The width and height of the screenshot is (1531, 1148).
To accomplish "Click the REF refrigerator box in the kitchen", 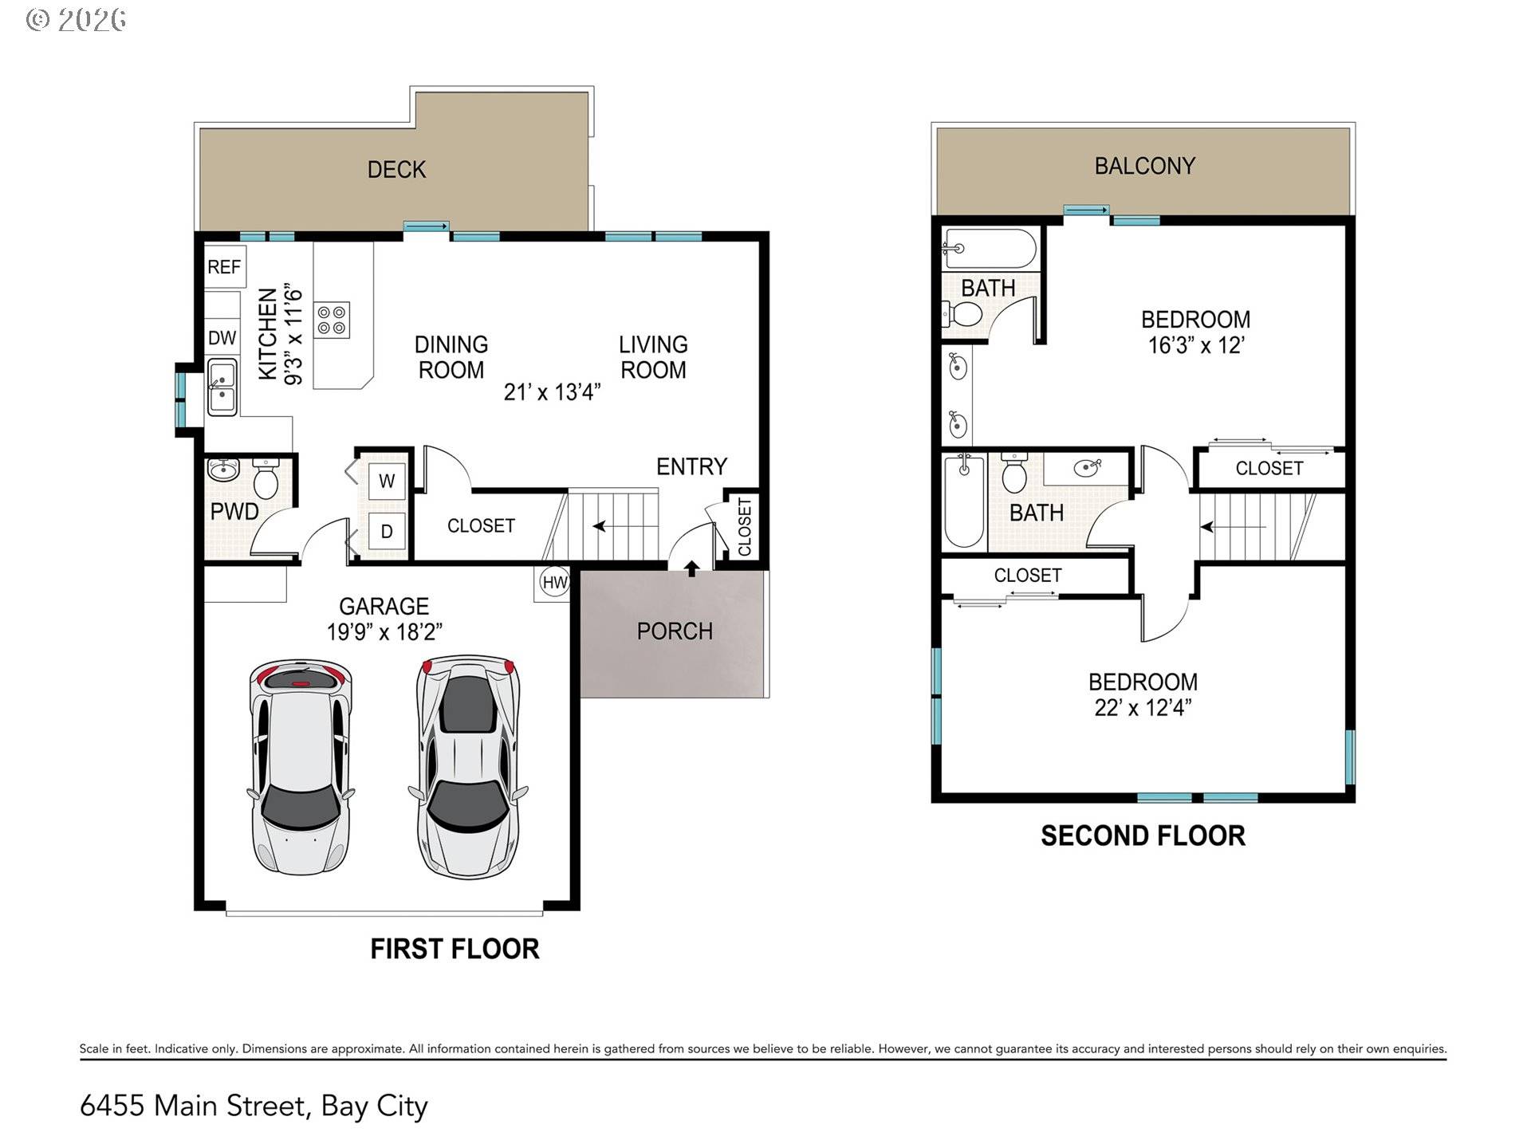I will [224, 266].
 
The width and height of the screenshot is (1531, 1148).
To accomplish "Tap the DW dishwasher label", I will [222, 338].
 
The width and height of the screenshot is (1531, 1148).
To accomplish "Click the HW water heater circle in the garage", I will [554, 582].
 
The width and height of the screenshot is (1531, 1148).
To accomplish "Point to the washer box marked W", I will [387, 481].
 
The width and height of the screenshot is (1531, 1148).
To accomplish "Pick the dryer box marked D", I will [387, 531].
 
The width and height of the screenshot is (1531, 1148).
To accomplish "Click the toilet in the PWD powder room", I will [265, 479].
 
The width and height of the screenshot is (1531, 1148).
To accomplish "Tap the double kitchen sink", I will [222, 387].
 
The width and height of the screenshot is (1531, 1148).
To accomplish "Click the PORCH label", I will [675, 631].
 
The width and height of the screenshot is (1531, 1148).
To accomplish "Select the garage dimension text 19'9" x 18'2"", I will [384, 632].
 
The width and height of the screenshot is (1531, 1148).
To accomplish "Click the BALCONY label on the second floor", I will [1144, 166].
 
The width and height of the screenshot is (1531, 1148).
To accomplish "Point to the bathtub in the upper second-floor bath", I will [990, 249].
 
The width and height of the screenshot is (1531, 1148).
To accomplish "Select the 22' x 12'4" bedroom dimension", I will [1143, 708].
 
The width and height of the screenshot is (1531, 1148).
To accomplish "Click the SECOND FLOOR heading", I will [1143, 835].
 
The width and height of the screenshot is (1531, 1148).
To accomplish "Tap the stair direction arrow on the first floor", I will [599, 526].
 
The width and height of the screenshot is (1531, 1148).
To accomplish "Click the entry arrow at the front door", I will [692, 568].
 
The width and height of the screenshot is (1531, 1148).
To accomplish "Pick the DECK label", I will [396, 170].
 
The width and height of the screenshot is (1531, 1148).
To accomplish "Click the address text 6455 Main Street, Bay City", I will [254, 1106].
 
